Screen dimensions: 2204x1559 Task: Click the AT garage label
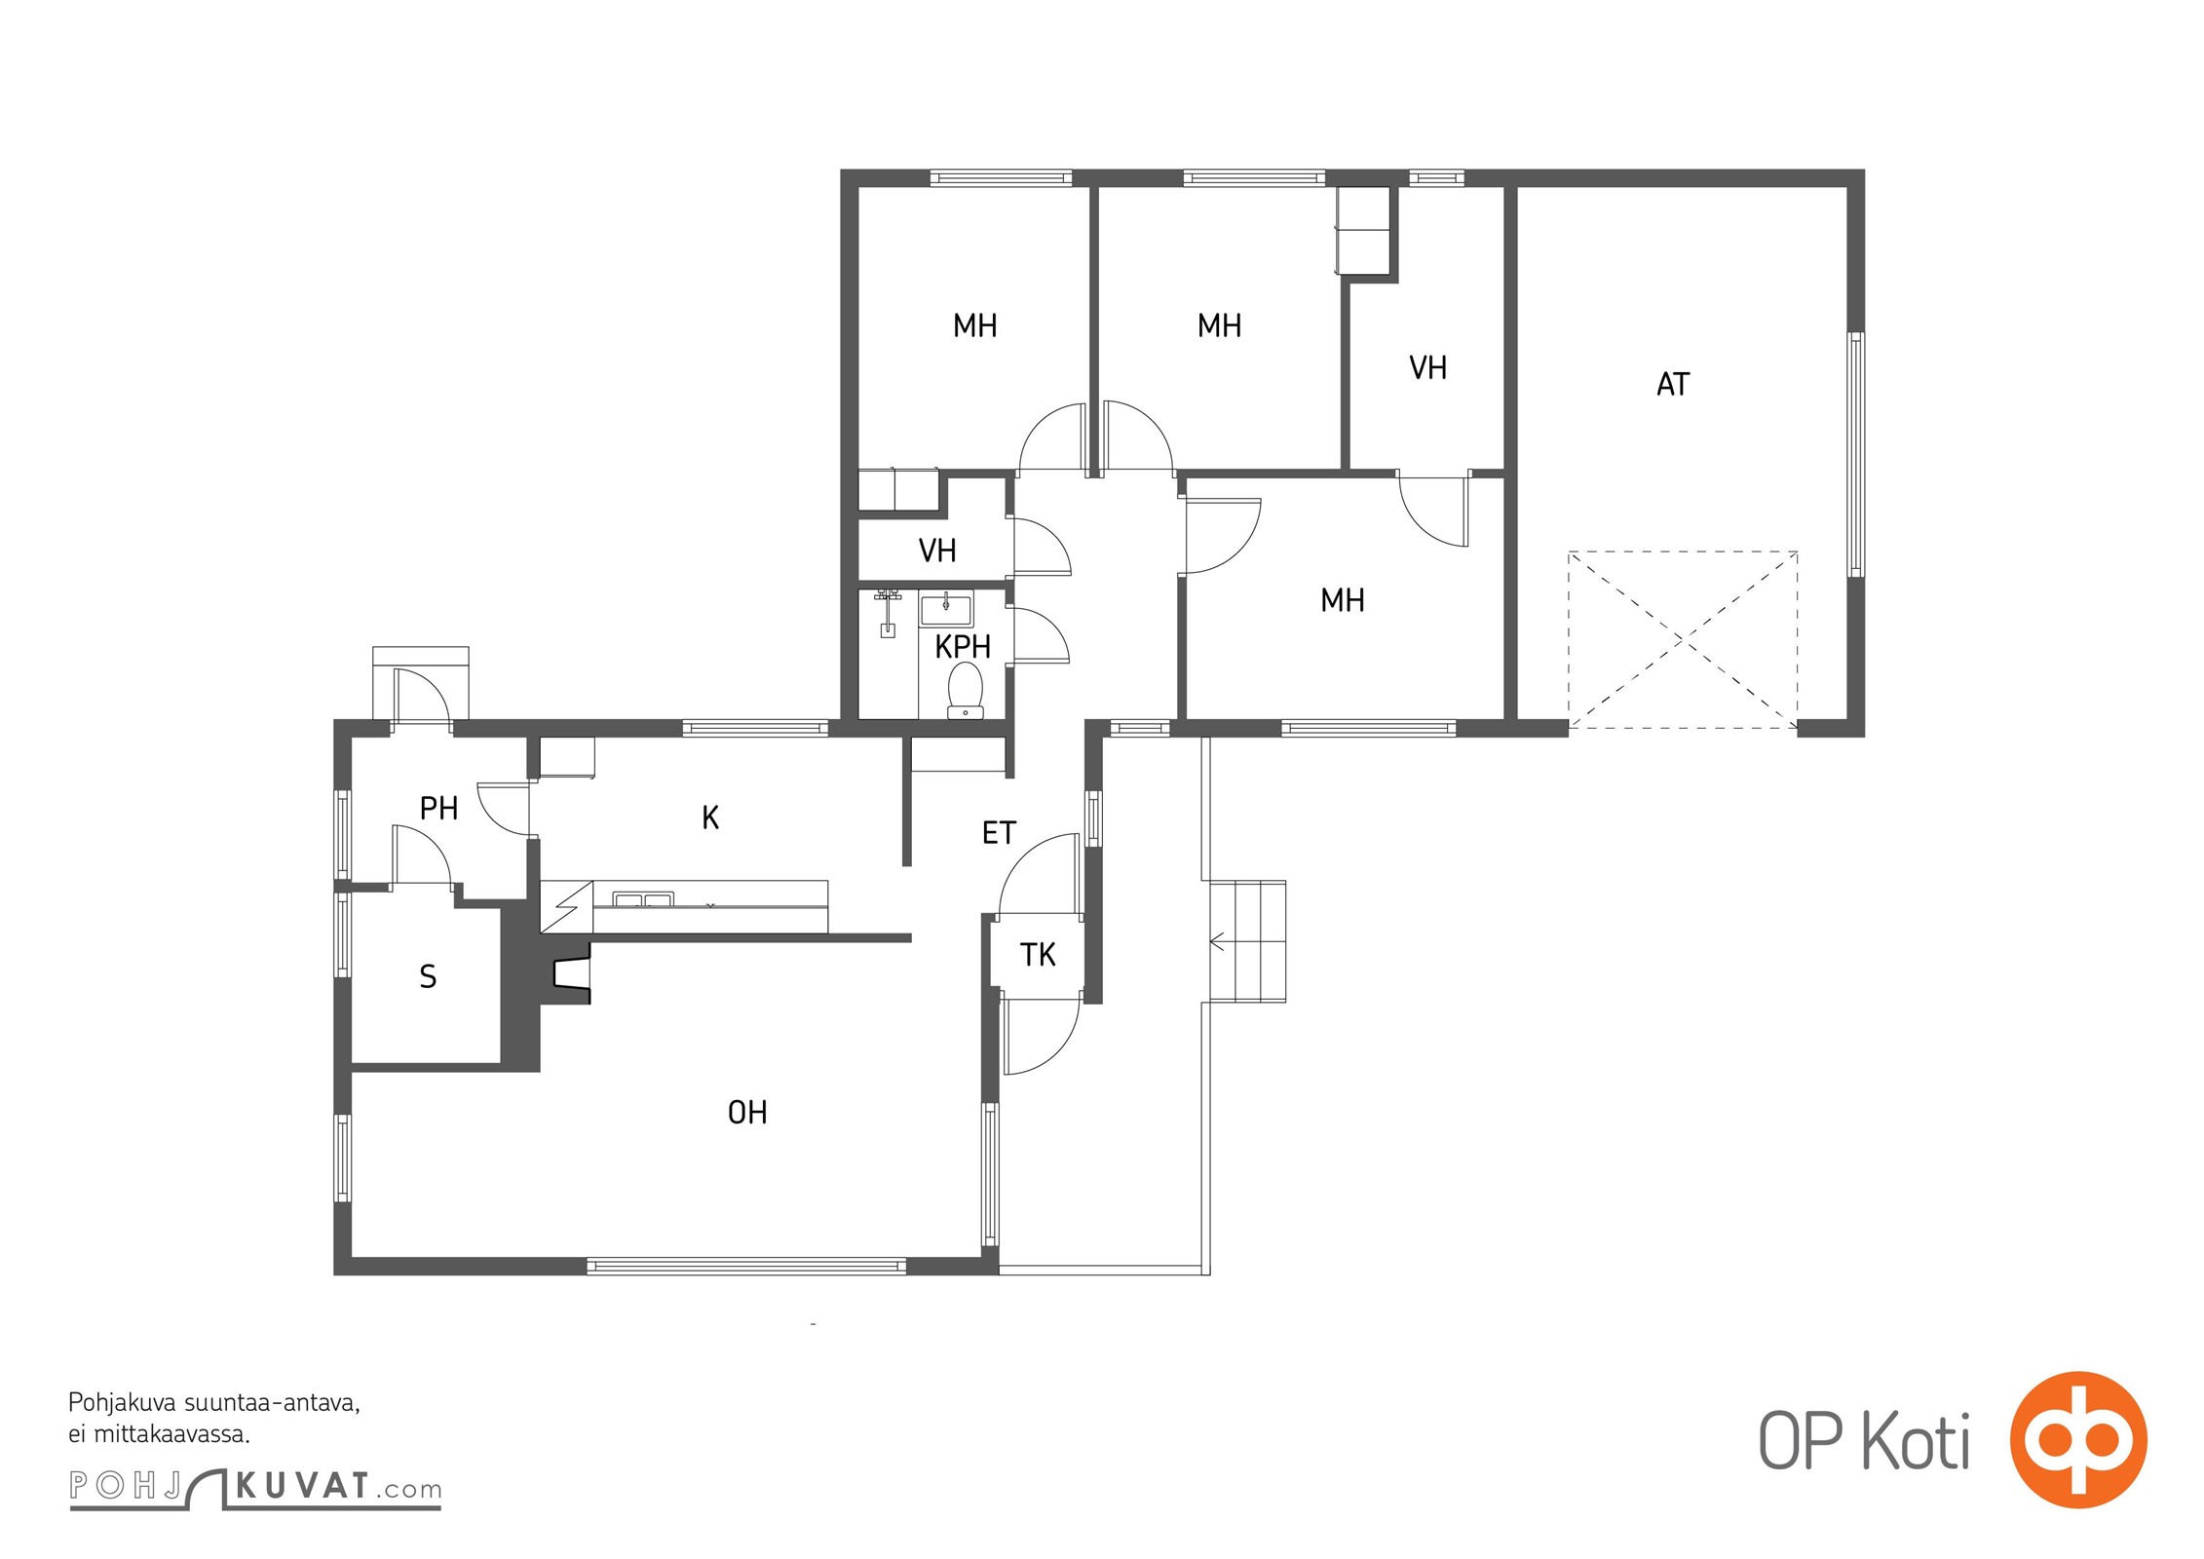(1673, 385)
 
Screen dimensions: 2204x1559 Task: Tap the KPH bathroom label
(963, 647)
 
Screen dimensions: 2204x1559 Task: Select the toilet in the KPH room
(966, 690)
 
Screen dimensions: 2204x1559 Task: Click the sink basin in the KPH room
(946, 609)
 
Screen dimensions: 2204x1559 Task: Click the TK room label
(1038, 955)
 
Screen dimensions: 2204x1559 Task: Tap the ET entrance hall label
(999, 833)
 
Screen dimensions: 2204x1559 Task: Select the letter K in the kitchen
(710, 818)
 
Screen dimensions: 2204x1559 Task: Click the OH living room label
(747, 1113)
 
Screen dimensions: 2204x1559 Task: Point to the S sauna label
(428, 977)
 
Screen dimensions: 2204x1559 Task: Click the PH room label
(438, 808)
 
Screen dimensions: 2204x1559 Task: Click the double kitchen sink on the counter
(642, 899)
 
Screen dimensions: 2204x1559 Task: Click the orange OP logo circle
(2078, 1439)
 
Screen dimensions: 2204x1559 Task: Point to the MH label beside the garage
(1342, 600)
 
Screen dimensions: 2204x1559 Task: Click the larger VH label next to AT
(1427, 368)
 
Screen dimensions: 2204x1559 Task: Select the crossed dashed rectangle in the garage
(1683, 639)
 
